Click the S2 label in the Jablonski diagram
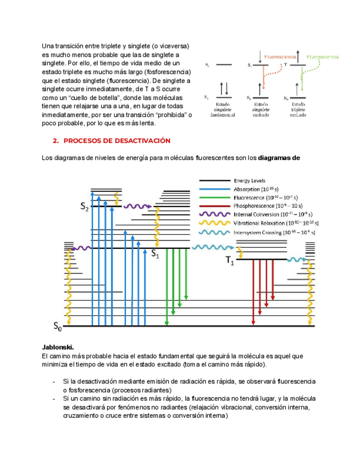(x=84, y=207)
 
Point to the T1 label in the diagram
(x=230, y=262)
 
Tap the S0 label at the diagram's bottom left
(x=58, y=327)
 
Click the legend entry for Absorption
(x=253, y=188)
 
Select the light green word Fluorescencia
(x=323, y=57)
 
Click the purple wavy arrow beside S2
(x=135, y=207)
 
